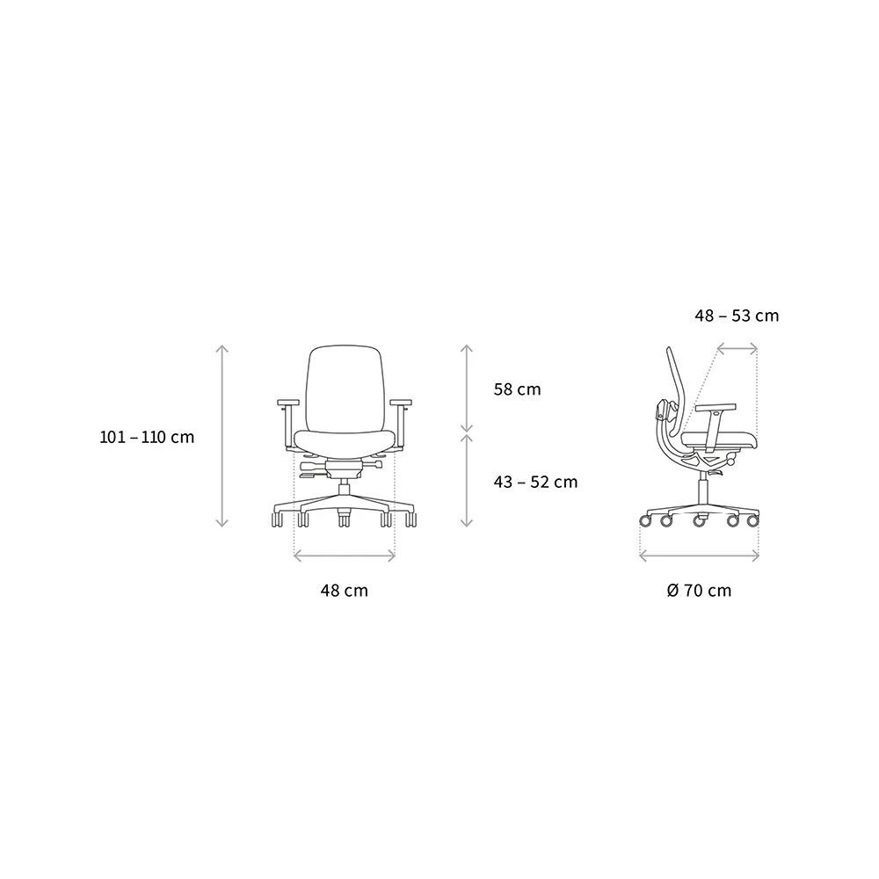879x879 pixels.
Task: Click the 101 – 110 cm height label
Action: click(x=147, y=437)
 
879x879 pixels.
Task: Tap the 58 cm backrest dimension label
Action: click(x=518, y=389)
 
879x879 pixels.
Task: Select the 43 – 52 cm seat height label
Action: click(x=535, y=482)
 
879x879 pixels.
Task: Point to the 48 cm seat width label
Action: click(x=345, y=591)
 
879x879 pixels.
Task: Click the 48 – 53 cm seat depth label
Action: click(x=737, y=316)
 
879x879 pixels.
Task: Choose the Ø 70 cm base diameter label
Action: click(x=699, y=591)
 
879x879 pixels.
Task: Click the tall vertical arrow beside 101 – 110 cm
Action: click(x=222, y=436)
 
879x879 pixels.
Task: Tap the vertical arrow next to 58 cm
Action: click(x=467, y=389)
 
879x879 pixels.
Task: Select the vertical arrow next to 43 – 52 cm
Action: click(x=467, y=481)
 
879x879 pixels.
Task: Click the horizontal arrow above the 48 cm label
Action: click(x=345, y=556)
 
